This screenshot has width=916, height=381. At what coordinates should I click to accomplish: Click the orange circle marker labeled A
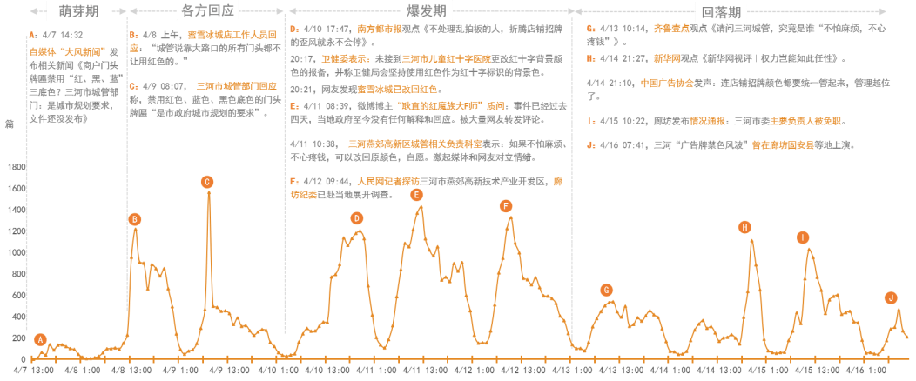point(40,339)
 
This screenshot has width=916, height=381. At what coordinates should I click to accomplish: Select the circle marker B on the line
point(135,219)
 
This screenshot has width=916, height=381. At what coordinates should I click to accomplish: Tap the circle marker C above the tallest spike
point(207,182)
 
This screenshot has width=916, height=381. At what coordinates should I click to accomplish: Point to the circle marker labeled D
point(356,218)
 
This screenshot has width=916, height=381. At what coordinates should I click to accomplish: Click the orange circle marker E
point(417,195)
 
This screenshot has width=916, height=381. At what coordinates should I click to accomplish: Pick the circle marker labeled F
point(506,206)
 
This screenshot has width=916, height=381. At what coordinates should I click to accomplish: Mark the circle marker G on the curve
point(607,290)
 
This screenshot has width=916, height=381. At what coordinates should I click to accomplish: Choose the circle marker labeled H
point(744,227)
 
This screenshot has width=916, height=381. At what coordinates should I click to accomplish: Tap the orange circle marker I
point(803,237)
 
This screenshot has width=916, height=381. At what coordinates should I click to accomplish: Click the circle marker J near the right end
point(891,297)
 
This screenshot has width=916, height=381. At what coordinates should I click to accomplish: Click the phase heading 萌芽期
point(78,11)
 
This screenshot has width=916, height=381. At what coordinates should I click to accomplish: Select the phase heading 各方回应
point(206,11)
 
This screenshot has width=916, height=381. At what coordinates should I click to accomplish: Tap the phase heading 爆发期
point(428,11)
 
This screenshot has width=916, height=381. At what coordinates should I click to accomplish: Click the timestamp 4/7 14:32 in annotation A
point(62,35)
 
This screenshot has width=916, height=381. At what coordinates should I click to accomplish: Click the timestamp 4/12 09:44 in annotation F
point(324,181)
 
